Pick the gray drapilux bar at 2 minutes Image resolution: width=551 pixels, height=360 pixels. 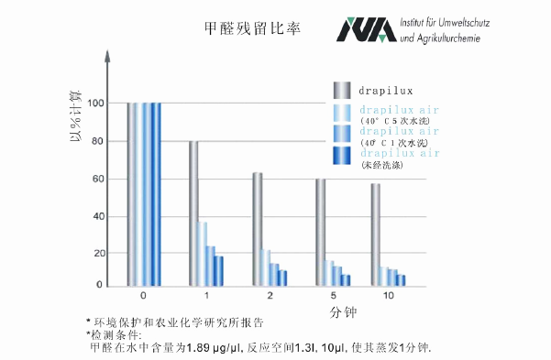tap(258, 228)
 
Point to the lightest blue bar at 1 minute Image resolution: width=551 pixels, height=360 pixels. tap(203, 253)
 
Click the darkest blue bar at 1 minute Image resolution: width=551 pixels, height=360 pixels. tap(219, 270)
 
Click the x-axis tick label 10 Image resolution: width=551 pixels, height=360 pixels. tap(390, 297)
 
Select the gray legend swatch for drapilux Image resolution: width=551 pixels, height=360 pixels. tap(342, 90)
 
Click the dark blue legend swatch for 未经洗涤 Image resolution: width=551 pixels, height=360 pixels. tap(342, 157)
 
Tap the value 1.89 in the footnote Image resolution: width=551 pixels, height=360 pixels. tap(201, 348)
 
